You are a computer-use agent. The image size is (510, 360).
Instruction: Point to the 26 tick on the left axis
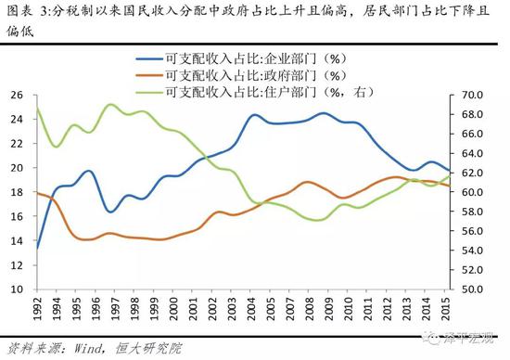pyautogui.click(x=17, y=95)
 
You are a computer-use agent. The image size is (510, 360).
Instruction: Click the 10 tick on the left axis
pyautogui.click(x=17, y=289)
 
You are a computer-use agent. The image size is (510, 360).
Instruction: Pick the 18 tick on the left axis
pyautogui.click(x=17, y=192)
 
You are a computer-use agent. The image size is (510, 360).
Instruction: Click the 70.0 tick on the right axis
pyautogui.click(x=473, y=95)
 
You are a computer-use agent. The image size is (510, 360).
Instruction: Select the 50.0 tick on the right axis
pyautogui.click(x=473, y=289)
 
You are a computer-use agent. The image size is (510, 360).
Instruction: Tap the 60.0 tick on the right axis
pyautogui.click(x=473, y=192)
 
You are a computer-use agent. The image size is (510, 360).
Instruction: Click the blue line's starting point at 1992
pyautogui.click(x=37, y=248)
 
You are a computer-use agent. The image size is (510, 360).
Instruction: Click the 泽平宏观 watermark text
pyautogui.click(x=468, y=340)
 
